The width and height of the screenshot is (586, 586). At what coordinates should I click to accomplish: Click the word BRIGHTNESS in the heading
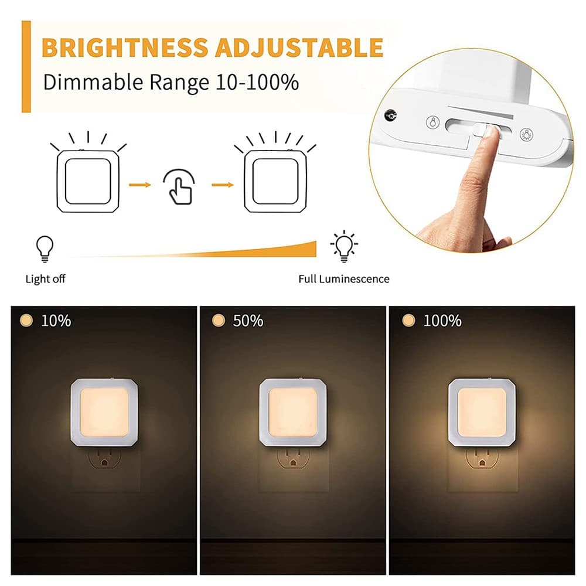(x=125, y=47)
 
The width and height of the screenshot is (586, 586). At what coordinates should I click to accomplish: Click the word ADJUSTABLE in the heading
(x=299, y=47)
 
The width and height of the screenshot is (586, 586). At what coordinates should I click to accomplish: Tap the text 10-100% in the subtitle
(x=257, y=82)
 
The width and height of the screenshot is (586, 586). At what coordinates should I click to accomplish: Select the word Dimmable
(x=93, y=82)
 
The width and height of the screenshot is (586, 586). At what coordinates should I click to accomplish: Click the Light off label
(x=45, y=279)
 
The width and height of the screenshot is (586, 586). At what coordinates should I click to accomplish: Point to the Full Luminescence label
(x=344, y=279)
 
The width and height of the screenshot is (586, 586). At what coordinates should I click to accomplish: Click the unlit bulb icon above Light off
(x=45, y=249)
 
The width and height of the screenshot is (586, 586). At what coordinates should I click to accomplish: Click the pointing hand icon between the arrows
(x=179, y=187)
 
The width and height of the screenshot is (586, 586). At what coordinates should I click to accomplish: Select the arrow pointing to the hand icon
(x=140, y=185)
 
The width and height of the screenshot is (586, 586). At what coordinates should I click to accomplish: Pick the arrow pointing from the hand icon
(x=222, y=185)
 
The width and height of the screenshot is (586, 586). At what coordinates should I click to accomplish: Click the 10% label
(x=56, y=321)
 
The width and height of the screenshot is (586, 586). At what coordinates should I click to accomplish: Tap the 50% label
(x=248, y=321)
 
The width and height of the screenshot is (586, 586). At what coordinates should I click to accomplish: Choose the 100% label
(x=442, y=321)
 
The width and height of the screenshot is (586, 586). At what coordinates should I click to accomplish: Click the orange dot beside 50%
(x=218, y=321)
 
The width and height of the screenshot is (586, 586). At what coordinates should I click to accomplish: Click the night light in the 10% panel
(x=104, y=412)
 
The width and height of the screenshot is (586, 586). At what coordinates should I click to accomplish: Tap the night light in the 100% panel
(x=482, y=412)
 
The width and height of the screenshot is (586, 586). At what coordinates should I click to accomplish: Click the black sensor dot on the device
(x=390, y=115)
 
